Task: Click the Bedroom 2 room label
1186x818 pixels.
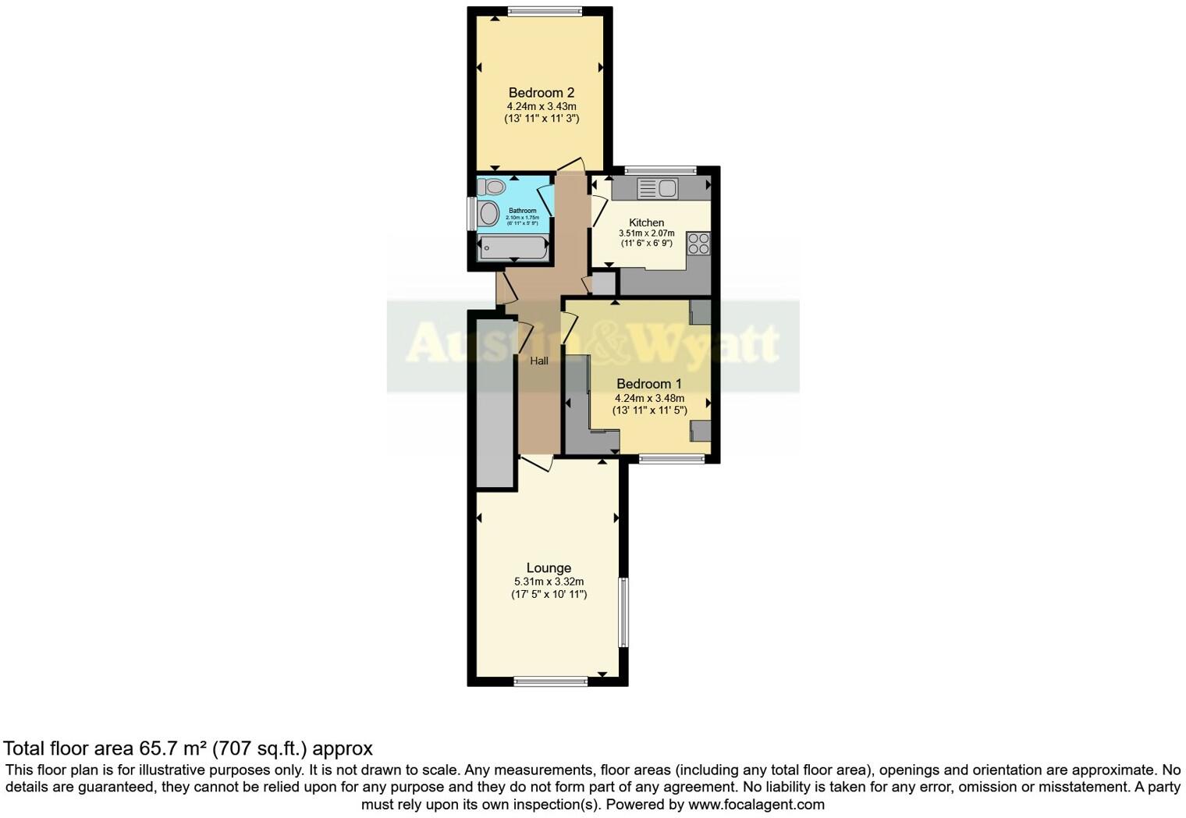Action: click(541, 93)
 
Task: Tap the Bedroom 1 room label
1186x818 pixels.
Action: click(648, 384)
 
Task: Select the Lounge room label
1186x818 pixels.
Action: click(549, 568)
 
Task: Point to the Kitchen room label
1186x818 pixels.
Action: click(646, 222)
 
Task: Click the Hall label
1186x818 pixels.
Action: click(539, 361)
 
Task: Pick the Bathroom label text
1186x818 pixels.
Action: click(522, 211)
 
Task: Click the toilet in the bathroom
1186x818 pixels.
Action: click(492, 187)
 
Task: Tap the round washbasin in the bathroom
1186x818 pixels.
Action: click(489, 213)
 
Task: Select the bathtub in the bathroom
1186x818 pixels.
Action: click(512, 247)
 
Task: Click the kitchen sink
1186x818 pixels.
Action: click(658, 188)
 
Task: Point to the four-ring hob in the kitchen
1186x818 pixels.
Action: click(698, 244)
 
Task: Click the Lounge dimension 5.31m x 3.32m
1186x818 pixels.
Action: click(549, 581)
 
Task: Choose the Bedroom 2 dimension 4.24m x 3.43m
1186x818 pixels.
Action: click(541, 106)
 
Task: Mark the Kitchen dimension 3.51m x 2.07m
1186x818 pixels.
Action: click(646, 233)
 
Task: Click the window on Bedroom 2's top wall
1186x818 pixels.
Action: click(544, 11)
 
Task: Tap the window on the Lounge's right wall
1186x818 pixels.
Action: click(623, 612)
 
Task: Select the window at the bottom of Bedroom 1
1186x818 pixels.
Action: click(672, 460)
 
